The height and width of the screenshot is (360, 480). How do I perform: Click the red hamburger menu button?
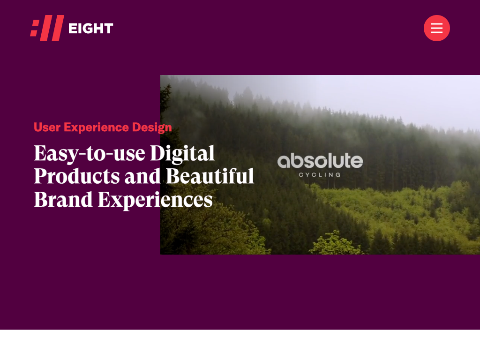pyautogui.click(x=436, y=28)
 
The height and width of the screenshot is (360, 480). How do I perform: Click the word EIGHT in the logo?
pyautogui.click(x=90, y=29)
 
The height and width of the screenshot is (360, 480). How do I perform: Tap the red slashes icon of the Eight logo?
pyautogui.click(x=47, y=28)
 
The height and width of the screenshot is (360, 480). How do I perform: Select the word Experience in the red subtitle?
pyautogui.click(x=96, y=127)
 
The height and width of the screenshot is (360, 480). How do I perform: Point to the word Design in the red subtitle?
pyautogui.click(x=152, y=127)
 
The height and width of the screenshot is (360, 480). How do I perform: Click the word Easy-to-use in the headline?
pyautogui.click(x=90, y=153)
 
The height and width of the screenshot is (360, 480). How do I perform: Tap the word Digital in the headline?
pyautogui.click(x=182, y=154)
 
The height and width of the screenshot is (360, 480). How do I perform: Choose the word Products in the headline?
pyautogui.click(x=77, y=176)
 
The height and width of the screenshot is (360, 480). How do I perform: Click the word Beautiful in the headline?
pyautogui.click(x=210, y=176)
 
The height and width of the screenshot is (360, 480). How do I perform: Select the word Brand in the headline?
pyautogui.click(x=63, y=199)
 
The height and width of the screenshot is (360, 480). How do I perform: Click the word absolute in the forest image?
pyautogui.click(x=320, y=161)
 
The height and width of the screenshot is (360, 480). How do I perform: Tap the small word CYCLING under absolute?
pyautogui.click(x=320, y=175)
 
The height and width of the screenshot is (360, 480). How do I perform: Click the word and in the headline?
pyautogui.click(x=142, y=176)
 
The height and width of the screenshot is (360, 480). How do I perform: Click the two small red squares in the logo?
pyautogui.click(x=35, y=28)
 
